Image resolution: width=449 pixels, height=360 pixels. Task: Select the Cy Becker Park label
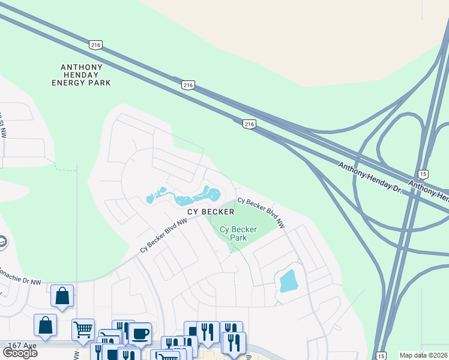click(238, 233)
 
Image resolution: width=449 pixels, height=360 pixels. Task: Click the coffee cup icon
click(140, 333)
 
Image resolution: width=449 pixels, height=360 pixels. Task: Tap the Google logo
click(20, 352)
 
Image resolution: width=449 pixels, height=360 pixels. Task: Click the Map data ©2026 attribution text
click(424, 355)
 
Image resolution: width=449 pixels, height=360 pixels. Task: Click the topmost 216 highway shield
click(95, 44)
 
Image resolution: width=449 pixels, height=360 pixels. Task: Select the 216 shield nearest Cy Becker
click(250, 124)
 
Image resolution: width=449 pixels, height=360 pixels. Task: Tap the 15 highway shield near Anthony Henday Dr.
click(423, 173)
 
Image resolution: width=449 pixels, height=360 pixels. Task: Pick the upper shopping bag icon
click(62, 295)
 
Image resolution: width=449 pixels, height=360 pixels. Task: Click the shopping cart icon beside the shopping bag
click(83, 329)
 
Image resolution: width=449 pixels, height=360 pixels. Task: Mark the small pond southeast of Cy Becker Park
click(288, 281)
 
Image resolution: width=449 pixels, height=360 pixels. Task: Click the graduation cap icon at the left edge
click(2, 242)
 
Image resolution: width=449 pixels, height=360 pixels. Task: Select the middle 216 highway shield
click(188, 85)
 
